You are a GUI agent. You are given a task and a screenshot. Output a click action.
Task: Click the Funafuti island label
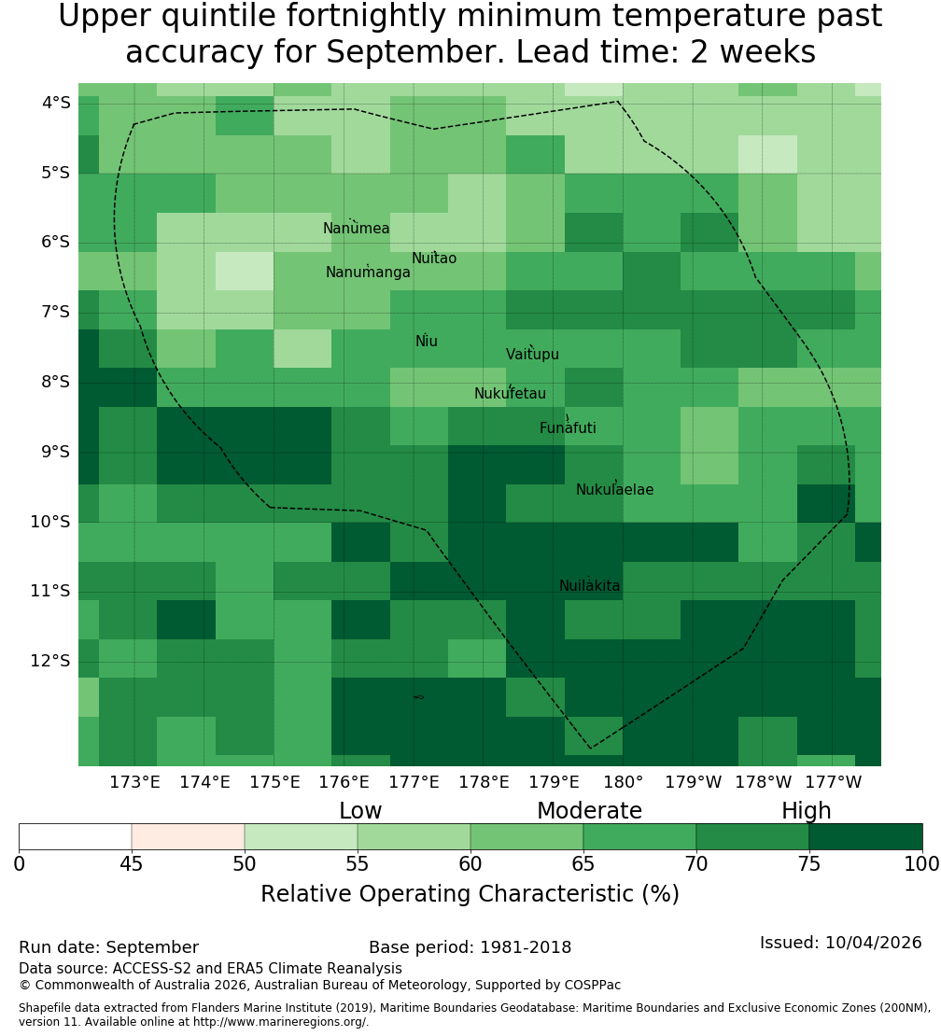[x=568, y=428]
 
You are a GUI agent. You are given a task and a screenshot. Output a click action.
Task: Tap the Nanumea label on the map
[x=357, y=229]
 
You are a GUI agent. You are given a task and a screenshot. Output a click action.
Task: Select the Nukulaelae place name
[x=614, y=490]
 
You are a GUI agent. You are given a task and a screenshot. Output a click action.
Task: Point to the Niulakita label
[x=589, y=585]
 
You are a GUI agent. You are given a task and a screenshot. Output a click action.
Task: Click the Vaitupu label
[x=533, y=355]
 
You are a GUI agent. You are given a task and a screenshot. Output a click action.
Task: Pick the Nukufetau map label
[x=510, y=394]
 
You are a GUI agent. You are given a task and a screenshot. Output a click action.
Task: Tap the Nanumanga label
[x=368, y=273]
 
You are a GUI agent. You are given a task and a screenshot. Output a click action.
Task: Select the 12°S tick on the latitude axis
[x=50, y=661]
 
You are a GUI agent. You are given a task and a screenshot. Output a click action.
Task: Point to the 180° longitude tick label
[x=624, y=782]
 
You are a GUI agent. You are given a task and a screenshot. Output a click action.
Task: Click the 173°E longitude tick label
[x=134, y=782]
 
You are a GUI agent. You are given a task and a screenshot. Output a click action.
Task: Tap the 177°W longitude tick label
[x=834, y=782]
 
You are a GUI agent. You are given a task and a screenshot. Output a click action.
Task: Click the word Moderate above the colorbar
[x=589, y=811]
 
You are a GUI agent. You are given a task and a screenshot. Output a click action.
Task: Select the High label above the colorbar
[x=807, y=811]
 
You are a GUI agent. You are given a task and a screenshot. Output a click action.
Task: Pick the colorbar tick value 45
[x=132, y=864]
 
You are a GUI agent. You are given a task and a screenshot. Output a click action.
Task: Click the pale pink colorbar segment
[x=189, y=836]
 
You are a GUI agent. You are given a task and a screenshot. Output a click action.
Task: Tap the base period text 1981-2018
[x=526, y=947]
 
